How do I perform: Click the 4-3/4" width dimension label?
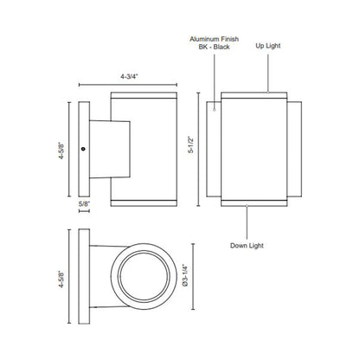pyautogui.click(x=129, y=76)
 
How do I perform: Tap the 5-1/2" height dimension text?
pyautogui.click(x=191, y=145)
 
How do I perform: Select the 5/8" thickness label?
pyautogui.click(x=84, y=203)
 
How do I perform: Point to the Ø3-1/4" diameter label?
pyautogui.click(x=185, y=275)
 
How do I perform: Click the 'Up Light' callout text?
pyautogui.click(x=268, y=46)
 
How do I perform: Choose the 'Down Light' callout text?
pyautogui.click(x=247, y=246)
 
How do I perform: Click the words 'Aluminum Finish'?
pyautogui.click(x=214, y=39)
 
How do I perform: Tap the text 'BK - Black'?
pyautogui.click(x=214, y=47)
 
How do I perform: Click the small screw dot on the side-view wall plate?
pyautogui.click(x=83, y=149)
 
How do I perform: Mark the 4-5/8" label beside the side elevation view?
pyautogui.click(x=61, y=151)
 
